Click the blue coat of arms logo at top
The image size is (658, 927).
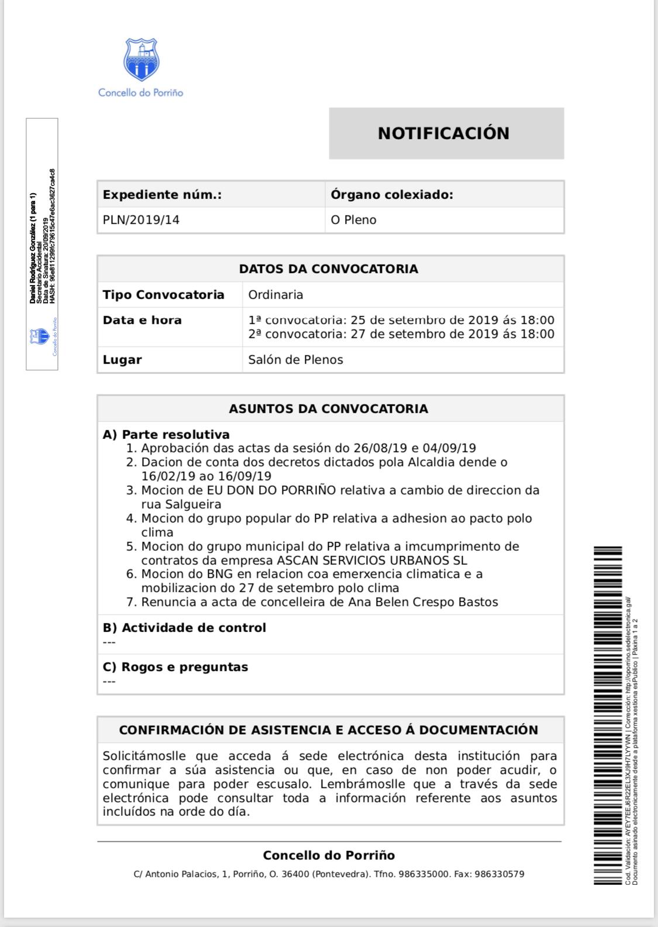pos(140,60)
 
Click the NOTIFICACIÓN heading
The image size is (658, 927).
pos(443,133)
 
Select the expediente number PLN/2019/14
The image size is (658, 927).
pos(141,220)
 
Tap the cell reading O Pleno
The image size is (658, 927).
pos(353,220)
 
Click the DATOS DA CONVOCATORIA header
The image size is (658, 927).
pos(328,269)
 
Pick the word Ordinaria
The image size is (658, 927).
pos(275,294)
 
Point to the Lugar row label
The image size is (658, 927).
pos(122,360)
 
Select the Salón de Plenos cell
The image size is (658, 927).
pos(295,360)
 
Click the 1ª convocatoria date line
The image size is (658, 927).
pos(401,320)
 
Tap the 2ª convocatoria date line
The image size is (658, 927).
pos(401,334)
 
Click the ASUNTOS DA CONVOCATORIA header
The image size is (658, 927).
pos(328,408)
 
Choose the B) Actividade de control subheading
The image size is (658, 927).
pos(184,628)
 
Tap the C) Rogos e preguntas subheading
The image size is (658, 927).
pos(175,667)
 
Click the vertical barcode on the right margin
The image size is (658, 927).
pos(608,714)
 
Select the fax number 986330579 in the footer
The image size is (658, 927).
pos(499,874)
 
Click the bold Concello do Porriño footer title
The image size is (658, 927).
pos(329,855)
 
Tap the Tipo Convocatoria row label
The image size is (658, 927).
pos(163,294)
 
